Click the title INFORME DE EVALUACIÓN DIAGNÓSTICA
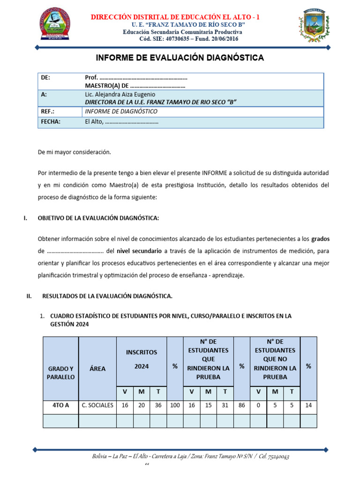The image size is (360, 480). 180,58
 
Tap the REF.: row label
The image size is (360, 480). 48,112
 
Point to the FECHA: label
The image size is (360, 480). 51,121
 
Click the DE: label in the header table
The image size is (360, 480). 45,77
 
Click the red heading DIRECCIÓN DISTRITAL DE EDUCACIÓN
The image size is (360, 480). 175,17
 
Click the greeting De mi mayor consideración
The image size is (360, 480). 74,152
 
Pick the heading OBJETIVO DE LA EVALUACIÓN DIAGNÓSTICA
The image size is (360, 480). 98,218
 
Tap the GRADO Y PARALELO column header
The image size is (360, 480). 60,373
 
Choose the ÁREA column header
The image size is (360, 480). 97,368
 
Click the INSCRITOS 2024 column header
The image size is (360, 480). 141,359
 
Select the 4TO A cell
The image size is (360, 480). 60,405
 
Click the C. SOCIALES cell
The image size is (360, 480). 97,405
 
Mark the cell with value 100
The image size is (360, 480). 175,405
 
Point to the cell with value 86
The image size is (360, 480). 242,405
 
